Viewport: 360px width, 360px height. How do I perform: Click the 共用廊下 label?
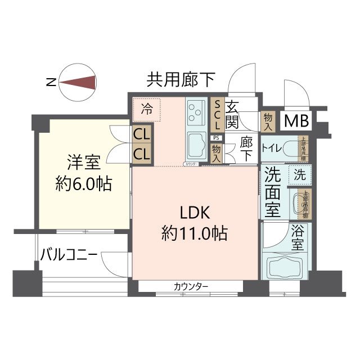pyautogui.click(x=181, y=80)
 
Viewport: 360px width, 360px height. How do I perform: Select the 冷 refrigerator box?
pyautogui.click(x=147, y=110)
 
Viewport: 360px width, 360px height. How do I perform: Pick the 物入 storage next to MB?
pyautogui.click(x=268, y=120)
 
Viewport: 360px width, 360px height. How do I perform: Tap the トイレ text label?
pyautogui.click(x=272, y=148)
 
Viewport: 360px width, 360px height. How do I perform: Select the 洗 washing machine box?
pyautogui.click(x=300, y=174)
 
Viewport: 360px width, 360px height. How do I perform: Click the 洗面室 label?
pyautogui.click(x=273, y=193)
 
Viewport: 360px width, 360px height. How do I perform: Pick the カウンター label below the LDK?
pyautogui.click(x=191, y=287)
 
